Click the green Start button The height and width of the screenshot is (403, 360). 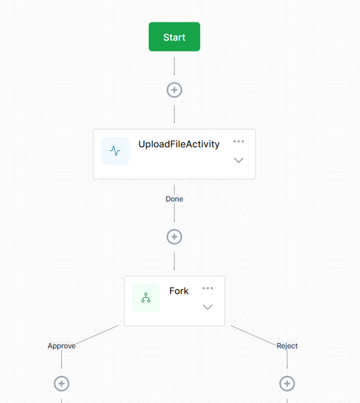[174, 37]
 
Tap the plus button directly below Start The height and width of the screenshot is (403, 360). [174, 90]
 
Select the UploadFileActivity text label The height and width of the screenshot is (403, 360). [179, 144]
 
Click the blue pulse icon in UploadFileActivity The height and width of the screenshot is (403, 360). [115, 151]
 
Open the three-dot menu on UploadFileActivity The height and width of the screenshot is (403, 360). [239, 142]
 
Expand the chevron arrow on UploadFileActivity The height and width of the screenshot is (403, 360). [239, 160]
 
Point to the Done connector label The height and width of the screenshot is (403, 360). [174, 199]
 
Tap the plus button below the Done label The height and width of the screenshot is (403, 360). [174, 237]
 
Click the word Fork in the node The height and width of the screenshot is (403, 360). [179, 291]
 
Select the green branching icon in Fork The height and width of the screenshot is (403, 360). [146, 298]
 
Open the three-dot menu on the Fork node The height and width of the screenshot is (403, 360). [208, 288]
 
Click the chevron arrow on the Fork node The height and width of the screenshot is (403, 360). [208, 307]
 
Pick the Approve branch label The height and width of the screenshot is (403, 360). [61, 346]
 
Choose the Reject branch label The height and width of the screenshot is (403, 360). [287, 346]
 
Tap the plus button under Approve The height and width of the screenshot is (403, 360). [61, 384]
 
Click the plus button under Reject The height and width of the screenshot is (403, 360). [287, 384]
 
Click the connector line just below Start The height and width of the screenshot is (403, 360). [174, 66]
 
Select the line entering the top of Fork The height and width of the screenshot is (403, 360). [174, 261]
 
